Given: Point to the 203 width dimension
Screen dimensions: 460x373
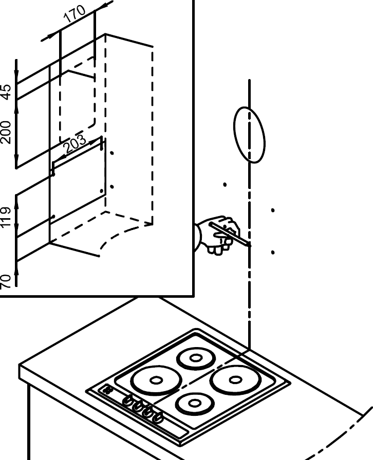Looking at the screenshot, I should (75, 145).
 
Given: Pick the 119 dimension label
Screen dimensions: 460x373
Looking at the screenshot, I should (6, 217).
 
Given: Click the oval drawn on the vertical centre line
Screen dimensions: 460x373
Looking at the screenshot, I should (249, 135).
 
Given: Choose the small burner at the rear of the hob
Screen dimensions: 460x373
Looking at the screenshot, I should (196, 358).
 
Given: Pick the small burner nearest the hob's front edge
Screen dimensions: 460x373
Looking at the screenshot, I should (194, 403).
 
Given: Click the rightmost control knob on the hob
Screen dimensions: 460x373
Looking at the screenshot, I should (157, 417).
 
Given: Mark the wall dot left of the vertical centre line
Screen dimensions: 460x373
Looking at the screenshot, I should (225, 184).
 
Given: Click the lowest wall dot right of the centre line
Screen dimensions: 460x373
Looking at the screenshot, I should (272, 252).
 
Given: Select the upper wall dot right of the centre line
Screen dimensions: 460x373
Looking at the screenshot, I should (272, 210).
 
